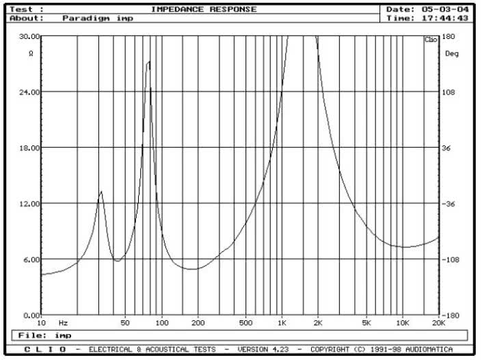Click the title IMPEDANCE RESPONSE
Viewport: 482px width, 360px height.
coord(204,10)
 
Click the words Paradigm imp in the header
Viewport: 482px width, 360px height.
coord(98,18)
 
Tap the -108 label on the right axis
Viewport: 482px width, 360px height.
coord(452,260)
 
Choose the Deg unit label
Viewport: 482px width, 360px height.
coord(451,53)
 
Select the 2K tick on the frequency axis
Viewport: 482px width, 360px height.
coord(318,322)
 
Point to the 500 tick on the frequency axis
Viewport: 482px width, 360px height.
coord(246,322)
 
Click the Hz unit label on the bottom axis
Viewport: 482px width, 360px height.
coord(63,322)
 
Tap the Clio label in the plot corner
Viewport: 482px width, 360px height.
coord(431,40)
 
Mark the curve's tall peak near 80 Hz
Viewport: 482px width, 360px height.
coord(148,62)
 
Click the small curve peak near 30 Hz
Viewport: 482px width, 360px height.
coord(101,192)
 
